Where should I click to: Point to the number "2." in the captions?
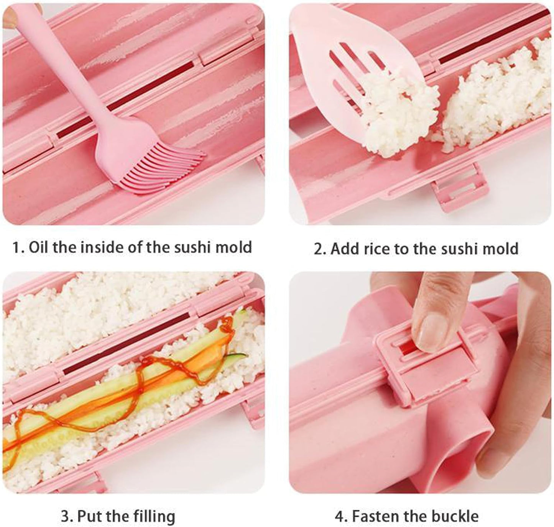[x=319, y=249]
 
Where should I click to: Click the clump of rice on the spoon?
[x=400, y=115]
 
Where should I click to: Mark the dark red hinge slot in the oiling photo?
[x=125, y=100]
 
